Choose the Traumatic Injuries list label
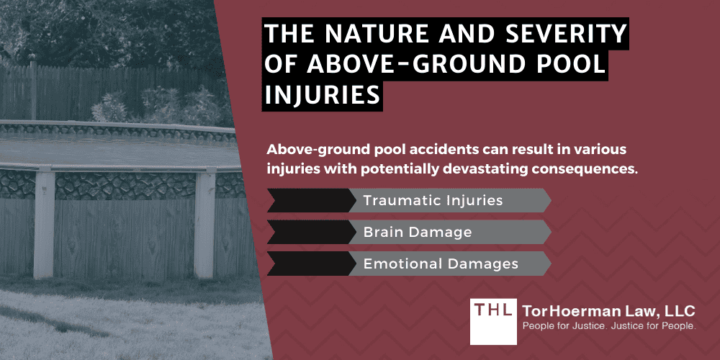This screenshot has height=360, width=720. (x=433, y=200)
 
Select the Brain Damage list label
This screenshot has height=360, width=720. (x=418, y=232)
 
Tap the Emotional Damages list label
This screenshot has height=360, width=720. (x=441, y=264)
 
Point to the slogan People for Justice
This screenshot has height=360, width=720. (x=557, y=328)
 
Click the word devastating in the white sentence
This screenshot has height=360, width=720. (x=469, y=166)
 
